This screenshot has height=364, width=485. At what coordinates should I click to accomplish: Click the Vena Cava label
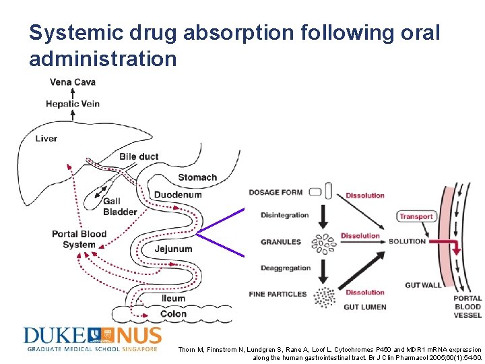[x=73, y=82]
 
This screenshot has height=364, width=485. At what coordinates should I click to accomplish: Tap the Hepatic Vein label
[x=73, y=104]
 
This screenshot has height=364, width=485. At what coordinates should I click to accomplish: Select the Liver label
[x=46, y=138]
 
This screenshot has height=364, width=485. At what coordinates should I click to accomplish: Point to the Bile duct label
[x=139, y=156]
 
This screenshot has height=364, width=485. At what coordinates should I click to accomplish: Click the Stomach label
[x=197, y=178]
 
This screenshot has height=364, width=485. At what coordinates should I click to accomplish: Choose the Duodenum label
[x=178, y=195]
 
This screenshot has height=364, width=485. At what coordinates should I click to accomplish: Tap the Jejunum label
[x=173, y=249]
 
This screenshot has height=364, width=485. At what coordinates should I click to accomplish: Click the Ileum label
[x=173, y=299]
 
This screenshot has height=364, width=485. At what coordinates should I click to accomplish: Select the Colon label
[x=174, y=314]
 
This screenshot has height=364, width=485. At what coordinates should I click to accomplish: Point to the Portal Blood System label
[x=79, y=239]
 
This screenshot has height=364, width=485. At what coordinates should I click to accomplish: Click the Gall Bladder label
[x=120, y=207]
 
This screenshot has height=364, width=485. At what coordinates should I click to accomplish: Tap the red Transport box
[x=416, y=216]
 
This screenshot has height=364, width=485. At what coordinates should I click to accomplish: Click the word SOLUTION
[x=407, y=241]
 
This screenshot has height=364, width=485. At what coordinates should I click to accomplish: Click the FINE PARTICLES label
[x=278, y=294]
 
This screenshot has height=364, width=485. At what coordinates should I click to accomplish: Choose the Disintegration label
[x=284, y=216]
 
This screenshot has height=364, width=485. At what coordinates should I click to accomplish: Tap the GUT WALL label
[x=423, y=285]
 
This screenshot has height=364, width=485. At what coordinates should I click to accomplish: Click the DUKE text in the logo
[x=55, y=336]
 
